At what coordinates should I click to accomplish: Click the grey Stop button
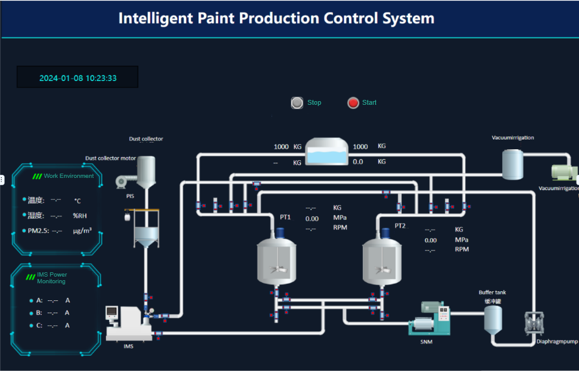point(297,103)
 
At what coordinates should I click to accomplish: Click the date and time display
point(78,78)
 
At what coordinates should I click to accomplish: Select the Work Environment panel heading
point(68,176)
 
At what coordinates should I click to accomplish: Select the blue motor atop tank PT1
point(280,232)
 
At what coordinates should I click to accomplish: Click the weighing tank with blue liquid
point(326,152)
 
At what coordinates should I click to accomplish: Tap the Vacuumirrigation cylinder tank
point(513,163)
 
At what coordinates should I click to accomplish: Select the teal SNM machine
point(430,319)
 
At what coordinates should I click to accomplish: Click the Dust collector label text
point(146,139)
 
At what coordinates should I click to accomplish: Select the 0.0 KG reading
point(358,162)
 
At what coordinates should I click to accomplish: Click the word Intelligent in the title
point(156,18)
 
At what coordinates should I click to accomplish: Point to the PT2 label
point(399,226)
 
